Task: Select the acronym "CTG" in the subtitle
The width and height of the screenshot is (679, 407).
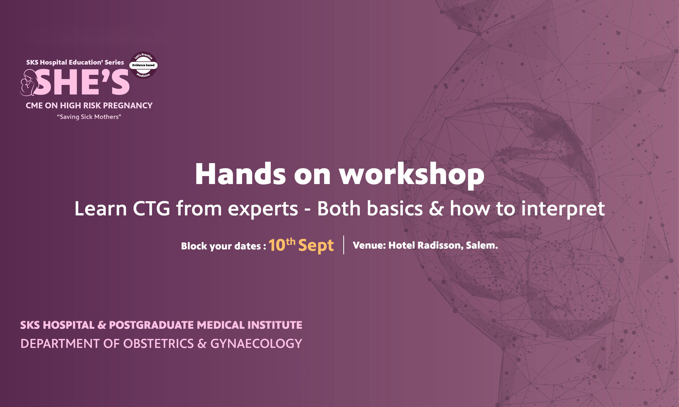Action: point(152,208)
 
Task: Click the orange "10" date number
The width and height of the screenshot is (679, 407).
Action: point(277,245)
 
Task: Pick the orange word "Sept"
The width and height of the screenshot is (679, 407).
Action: point(316,246)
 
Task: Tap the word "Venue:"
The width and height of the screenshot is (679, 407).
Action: point(369,245)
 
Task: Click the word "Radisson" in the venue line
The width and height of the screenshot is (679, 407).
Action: point(441,245)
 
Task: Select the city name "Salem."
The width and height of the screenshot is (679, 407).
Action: point(482,245)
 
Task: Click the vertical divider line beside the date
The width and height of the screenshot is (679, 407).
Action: point(344,245)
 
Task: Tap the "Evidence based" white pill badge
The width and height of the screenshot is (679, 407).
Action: point(143,65)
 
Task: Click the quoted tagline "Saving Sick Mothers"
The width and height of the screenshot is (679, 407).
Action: point(89,117)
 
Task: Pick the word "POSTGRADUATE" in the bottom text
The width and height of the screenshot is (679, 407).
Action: point(152,325)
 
